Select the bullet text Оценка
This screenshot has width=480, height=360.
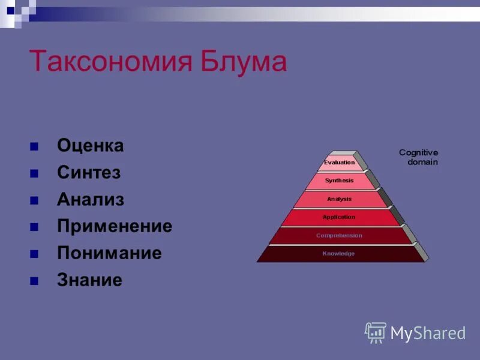click(91, 146)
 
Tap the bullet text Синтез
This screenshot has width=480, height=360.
click(89, 173)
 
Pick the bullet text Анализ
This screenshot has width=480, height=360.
click(91, 200)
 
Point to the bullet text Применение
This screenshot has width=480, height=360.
click(115, 226)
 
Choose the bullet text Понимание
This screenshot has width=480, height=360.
click(109, 253)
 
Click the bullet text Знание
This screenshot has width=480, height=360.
click(89, 280)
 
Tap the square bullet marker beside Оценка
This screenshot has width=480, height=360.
click(34, 146)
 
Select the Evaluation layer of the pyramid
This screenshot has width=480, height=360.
click(340, 163)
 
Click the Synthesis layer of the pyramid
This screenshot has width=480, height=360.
click(340, 181)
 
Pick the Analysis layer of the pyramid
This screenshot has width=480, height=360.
click(340, 199)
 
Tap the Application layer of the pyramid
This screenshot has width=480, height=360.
click(339, 217)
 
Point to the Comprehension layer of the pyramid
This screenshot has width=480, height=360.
click(339, 236)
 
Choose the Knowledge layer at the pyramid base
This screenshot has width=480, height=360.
click(339, 254)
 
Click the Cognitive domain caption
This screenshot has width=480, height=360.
click(418, 157)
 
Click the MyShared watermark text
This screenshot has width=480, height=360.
click(428, 333)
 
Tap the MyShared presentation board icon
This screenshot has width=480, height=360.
click(376, 332)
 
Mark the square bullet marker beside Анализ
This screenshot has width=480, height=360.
click(34, 200)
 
